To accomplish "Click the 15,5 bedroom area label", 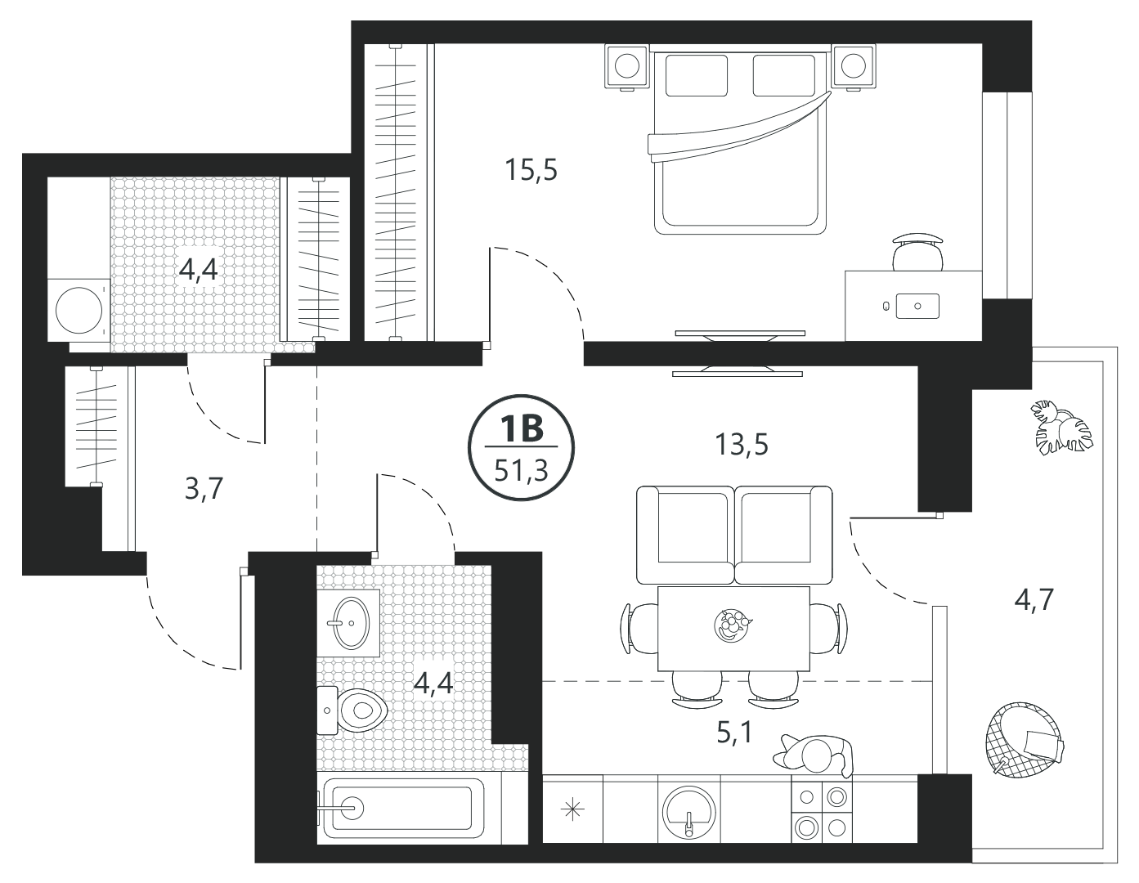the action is click(x=531, y=170).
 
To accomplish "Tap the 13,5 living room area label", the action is click(x=742, y=445).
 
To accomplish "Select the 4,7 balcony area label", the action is click(x=1034, y=600).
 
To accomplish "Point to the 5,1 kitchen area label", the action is click(x=734, y=732).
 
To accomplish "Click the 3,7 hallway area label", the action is click(x=204, y=489).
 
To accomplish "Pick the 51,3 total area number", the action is click(x=522, y=471).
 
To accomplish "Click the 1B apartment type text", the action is click(x=522, y=428).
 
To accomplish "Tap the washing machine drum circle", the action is click(x=79, y=310).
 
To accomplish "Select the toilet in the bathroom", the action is click(x=352, y=710).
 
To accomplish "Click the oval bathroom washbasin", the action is click(x=352, y=623).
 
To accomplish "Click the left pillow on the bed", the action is click(x=696, y=76).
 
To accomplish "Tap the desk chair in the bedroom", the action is click(x=917, y=253).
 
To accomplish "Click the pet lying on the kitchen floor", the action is click(x=814, y=755).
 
